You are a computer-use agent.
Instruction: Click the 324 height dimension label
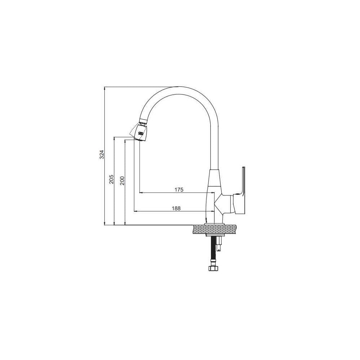tap(102, 154)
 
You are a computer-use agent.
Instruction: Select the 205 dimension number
tap(111, 179)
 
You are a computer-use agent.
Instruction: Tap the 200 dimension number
tap(122, 181)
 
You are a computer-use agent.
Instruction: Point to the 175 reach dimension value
tap(179, 190)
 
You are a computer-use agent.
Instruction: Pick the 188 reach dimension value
tap(176, 208)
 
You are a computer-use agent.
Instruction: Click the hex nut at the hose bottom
tap(213, 268)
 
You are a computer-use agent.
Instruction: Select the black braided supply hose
tap(213, 251)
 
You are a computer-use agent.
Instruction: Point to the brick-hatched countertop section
tap(215, 230)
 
